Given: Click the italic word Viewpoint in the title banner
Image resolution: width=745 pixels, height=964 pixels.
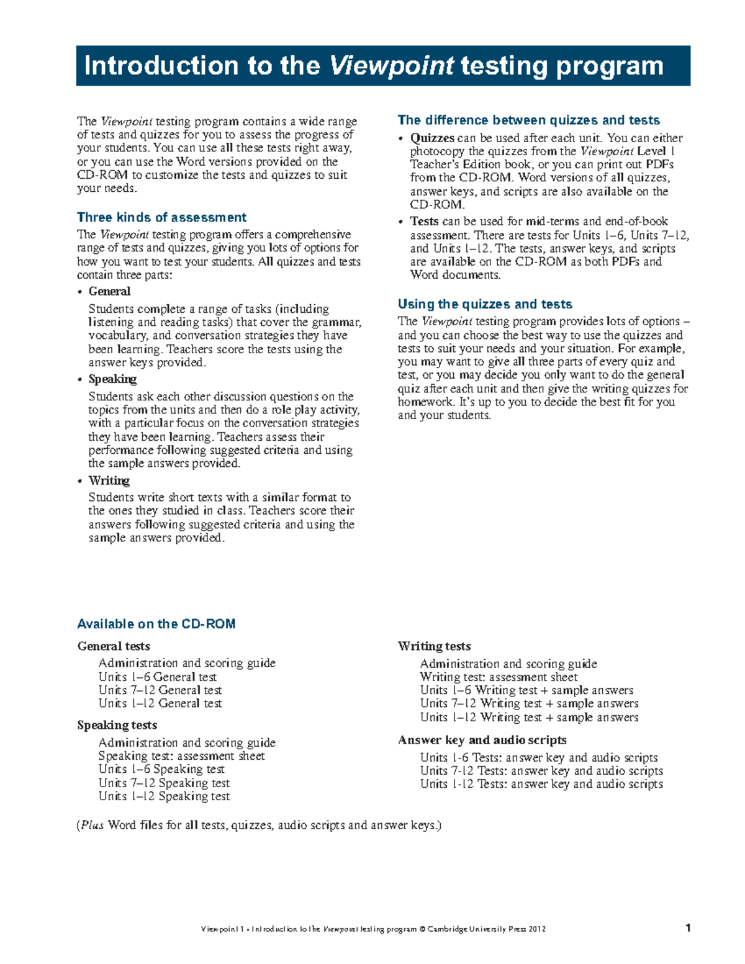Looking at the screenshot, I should [x=392, y=66].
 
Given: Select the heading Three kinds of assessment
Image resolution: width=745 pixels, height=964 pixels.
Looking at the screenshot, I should [x=161, y=217].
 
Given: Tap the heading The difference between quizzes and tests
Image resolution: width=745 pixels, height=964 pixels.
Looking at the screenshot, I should [x=528, y=120].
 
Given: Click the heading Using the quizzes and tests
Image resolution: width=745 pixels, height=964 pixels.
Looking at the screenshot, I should [x=485, y=304].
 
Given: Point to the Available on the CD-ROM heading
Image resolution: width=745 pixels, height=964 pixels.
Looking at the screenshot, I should [x=156, y=624].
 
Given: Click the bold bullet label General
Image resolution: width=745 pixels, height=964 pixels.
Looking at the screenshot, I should [x=109, y=291].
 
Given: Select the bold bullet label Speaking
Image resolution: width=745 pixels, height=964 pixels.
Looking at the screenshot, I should [x=112, y=379].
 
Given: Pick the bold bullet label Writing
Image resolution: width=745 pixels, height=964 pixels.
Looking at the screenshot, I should [x=109, y=480].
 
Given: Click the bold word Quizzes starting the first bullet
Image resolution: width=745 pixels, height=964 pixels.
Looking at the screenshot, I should [x=432, y=138].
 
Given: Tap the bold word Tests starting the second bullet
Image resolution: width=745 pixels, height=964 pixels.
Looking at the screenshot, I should [x=425, y=221].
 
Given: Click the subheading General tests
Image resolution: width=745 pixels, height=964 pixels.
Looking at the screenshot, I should [x=114, y=646].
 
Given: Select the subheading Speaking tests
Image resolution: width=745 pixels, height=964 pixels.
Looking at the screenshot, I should [x=117, y=725].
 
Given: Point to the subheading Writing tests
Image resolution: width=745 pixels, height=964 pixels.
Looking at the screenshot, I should [x=434, y=646].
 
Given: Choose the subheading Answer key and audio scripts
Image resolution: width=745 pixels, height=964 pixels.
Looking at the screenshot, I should [x=482, y=740].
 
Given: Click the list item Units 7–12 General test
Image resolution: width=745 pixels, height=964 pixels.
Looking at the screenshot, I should [x=160, y=690].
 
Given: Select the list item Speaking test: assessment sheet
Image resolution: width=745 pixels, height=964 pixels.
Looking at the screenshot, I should [x=181, y=756].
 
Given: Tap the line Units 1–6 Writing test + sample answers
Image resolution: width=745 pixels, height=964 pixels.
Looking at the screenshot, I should [x=526, y=690].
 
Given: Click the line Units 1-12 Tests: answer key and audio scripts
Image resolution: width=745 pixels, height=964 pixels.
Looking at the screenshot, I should [x=541, y=784].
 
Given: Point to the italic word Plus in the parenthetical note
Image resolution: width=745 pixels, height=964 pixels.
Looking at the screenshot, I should [x=93, y=825].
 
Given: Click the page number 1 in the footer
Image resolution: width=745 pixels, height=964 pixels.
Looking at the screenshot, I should [x=688, y=929].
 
